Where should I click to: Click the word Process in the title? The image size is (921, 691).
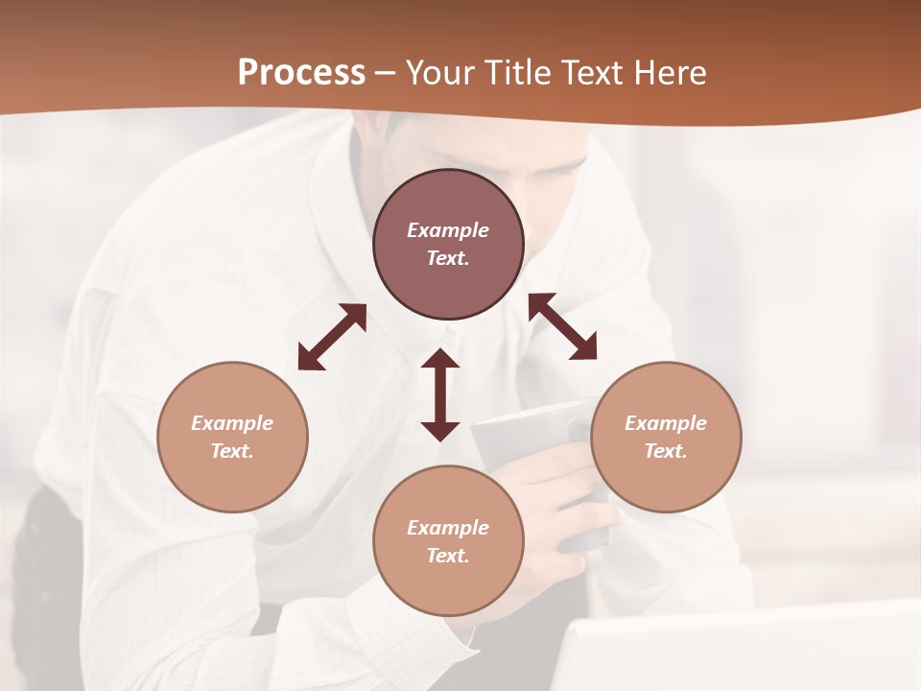click(301, 73)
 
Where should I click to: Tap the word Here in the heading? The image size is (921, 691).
click(668, 73)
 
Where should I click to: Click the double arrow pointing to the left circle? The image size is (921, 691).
click(332, 337)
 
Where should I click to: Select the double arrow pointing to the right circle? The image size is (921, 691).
click(562, 326)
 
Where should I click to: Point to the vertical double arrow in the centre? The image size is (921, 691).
click(440, 394)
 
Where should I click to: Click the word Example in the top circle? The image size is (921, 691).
click(448, 230)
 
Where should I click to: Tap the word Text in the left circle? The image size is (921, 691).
click(232, 451)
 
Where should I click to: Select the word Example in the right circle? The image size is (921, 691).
click(666, 423)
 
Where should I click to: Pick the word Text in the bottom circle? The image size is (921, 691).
click(448, 556)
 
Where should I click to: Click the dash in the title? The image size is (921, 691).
click(385, 73)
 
